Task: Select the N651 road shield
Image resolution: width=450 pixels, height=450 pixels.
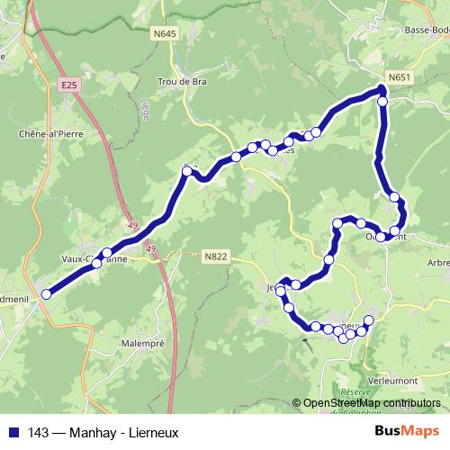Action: click(x=400, y=77)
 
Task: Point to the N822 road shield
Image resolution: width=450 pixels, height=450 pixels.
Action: click(x=215, y=256)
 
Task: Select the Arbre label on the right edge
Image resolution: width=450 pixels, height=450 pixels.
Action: click(x=438, y=263)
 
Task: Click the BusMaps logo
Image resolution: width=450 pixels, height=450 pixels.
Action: click(x=407, y=432)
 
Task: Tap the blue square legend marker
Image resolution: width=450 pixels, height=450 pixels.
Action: click(x=13, y=433)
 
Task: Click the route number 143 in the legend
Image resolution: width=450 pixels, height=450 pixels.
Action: click(x=38, y=433)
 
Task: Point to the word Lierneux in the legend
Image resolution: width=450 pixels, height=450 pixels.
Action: click(x=152, y=433)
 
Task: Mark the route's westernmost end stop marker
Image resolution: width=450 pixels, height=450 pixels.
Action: click(x=47, y=292)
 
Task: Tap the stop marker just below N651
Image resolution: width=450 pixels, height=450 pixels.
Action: click(x=382, y=102)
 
